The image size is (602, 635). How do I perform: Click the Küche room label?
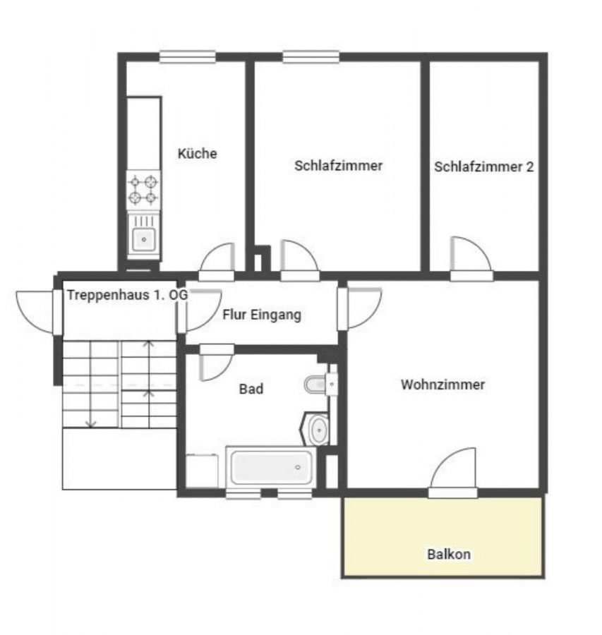[x=198, y=154]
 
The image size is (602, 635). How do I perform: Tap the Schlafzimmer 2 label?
[x=483, y=167]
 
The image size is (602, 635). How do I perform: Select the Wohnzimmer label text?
[x=443, y=385]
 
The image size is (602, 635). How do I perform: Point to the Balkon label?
[x=449, y=554]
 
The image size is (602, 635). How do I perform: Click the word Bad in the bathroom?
[x=251, y=389]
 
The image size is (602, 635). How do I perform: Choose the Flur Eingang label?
[x=262, y=315]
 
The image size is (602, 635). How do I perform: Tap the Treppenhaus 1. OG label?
[x=127, y=295]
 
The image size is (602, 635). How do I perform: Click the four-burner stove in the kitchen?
[x=143, y=190]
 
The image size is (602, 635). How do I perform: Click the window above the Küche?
[x=187, y=57]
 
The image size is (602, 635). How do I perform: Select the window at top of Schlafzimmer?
[x=311, y=57]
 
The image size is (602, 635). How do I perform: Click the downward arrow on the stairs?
[x=92, y=424]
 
